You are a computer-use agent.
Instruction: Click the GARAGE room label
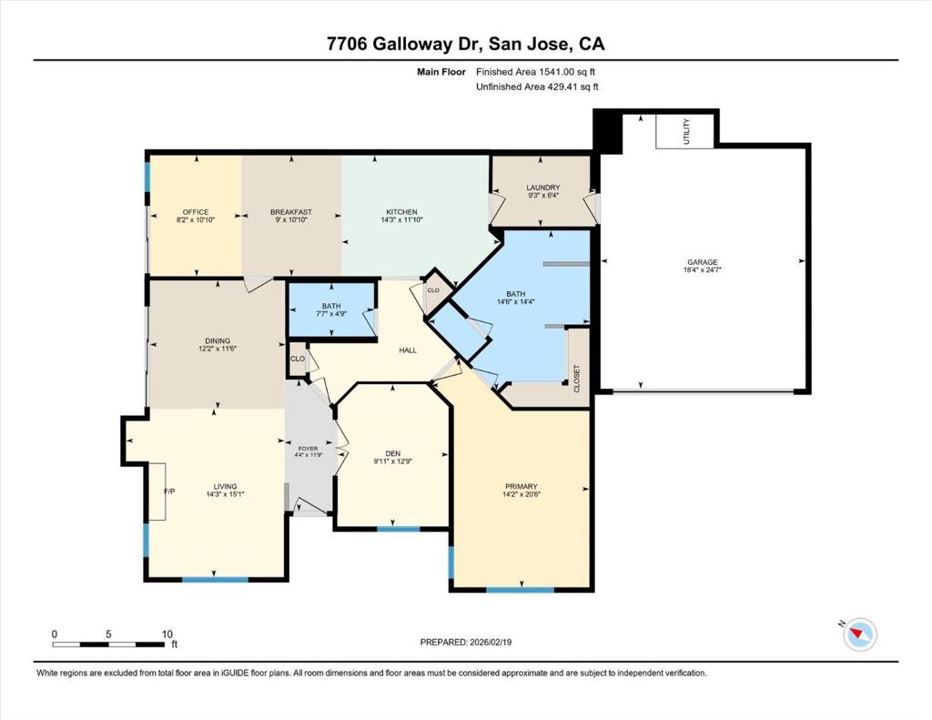(x=703, y=262)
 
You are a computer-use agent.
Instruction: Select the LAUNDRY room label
(x=543, y=188)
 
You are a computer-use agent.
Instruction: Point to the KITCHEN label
(x=401, y=212)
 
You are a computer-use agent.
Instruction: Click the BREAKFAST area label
(x=291, y=212)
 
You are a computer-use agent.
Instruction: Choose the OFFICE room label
(x=196, y=212)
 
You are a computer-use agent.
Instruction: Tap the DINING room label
(x=218, y=341)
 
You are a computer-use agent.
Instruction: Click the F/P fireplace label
(x=169, y=492)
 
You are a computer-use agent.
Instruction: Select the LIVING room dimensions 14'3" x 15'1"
(x=226, y=494)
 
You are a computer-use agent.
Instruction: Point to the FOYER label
(x=308, y=448)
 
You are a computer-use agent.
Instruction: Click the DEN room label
(x=393, y=453)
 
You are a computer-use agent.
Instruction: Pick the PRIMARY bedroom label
(x=522, y=486)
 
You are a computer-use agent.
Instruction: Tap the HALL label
(x=408, y=350)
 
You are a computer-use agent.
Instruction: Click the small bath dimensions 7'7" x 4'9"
(x=331, y=313)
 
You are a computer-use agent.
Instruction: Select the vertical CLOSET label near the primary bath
(x=576, y=378)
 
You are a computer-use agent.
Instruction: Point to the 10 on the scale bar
(x=167, y=634)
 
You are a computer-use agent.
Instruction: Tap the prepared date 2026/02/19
(x=491, y=642)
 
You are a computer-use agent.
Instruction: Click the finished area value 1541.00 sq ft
(x=567, y=72)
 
